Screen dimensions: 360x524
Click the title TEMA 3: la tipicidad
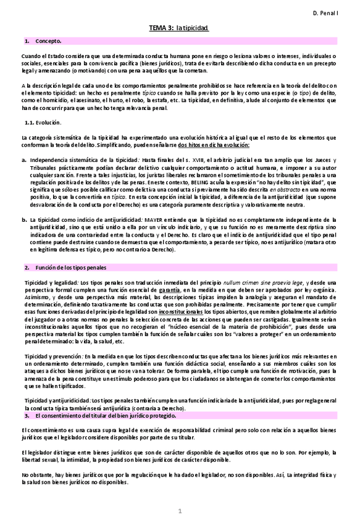(179, 28)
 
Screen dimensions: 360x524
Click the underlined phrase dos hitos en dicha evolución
(214, 144)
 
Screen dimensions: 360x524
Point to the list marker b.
(23, 219)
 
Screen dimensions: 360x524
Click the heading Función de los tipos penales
(72, 268)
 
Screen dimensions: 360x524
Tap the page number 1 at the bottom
(180, 511)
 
